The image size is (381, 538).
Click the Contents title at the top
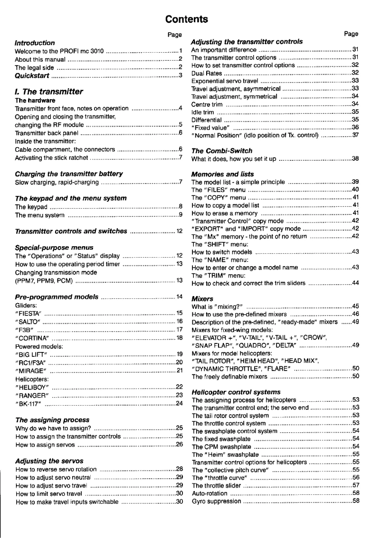(186, 19)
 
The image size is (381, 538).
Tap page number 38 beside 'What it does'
(355, 158)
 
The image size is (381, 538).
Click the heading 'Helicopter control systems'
(236, 392)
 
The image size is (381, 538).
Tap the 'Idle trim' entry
(202, 112)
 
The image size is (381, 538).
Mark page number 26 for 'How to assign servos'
(180, 445)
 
